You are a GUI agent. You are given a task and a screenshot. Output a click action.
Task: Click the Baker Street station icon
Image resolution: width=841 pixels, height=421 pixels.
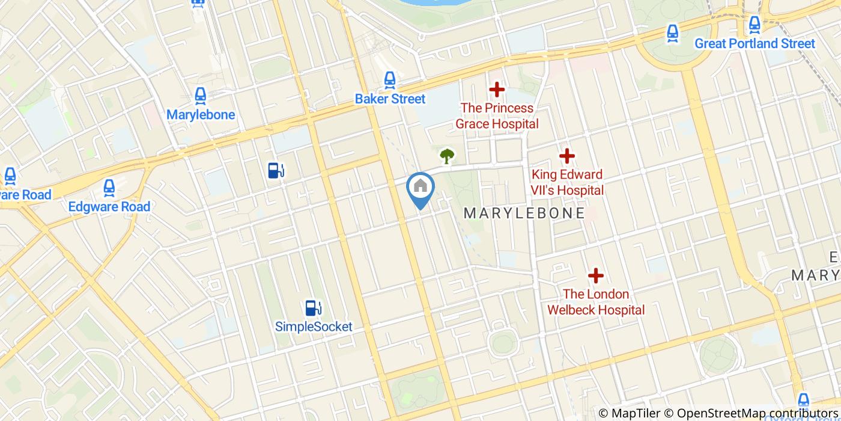(x=390, y=79)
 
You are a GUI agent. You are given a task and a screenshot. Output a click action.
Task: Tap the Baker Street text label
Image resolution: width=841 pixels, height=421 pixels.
(x=390, y=99)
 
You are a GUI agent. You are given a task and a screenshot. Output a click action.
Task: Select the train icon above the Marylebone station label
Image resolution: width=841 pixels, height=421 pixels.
(x=200, y=95)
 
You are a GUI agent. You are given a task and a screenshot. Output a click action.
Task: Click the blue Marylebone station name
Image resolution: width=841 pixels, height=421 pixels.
(x=201, y=115)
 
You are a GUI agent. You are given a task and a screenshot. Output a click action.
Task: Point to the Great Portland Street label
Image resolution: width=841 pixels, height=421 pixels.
(x=754, y=43)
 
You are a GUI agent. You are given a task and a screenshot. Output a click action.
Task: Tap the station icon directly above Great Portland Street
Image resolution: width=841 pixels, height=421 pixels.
(x=754, y=25)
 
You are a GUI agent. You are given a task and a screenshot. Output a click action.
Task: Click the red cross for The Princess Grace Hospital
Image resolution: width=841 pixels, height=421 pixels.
(x=497, y=90)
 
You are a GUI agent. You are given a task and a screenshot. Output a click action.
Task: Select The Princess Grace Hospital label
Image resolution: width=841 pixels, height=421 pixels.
(x=497, y=116)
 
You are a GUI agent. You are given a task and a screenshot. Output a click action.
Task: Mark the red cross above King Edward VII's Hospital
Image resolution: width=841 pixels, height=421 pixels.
(x=567, y=156)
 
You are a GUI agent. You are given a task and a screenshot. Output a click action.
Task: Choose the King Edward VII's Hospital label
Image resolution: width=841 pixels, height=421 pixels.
(x=567, y=182)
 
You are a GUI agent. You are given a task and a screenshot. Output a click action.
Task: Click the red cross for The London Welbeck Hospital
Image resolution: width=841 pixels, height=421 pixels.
(x=595, y=276)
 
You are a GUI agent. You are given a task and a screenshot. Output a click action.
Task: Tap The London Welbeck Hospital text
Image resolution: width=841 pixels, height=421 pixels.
(x=595, y=302)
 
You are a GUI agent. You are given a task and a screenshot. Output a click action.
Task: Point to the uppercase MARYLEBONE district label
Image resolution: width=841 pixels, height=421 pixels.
(x=524, y=213)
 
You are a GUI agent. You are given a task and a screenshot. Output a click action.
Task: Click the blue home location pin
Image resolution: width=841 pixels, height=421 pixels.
(x=421, y=188)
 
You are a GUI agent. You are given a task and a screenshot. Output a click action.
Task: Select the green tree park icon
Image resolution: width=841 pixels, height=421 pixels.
(x=446, y=156)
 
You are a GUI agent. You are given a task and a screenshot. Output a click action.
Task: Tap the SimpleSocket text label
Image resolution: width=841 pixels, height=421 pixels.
(x=314, y=327)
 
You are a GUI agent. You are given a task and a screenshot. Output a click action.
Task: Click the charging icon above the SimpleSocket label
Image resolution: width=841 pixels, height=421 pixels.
(x=313, y=308)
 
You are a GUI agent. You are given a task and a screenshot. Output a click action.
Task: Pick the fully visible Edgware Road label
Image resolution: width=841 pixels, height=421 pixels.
(x=109, y=206)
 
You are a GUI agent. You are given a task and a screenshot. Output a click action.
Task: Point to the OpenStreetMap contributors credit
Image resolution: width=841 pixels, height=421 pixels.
(x=758, y=413)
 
